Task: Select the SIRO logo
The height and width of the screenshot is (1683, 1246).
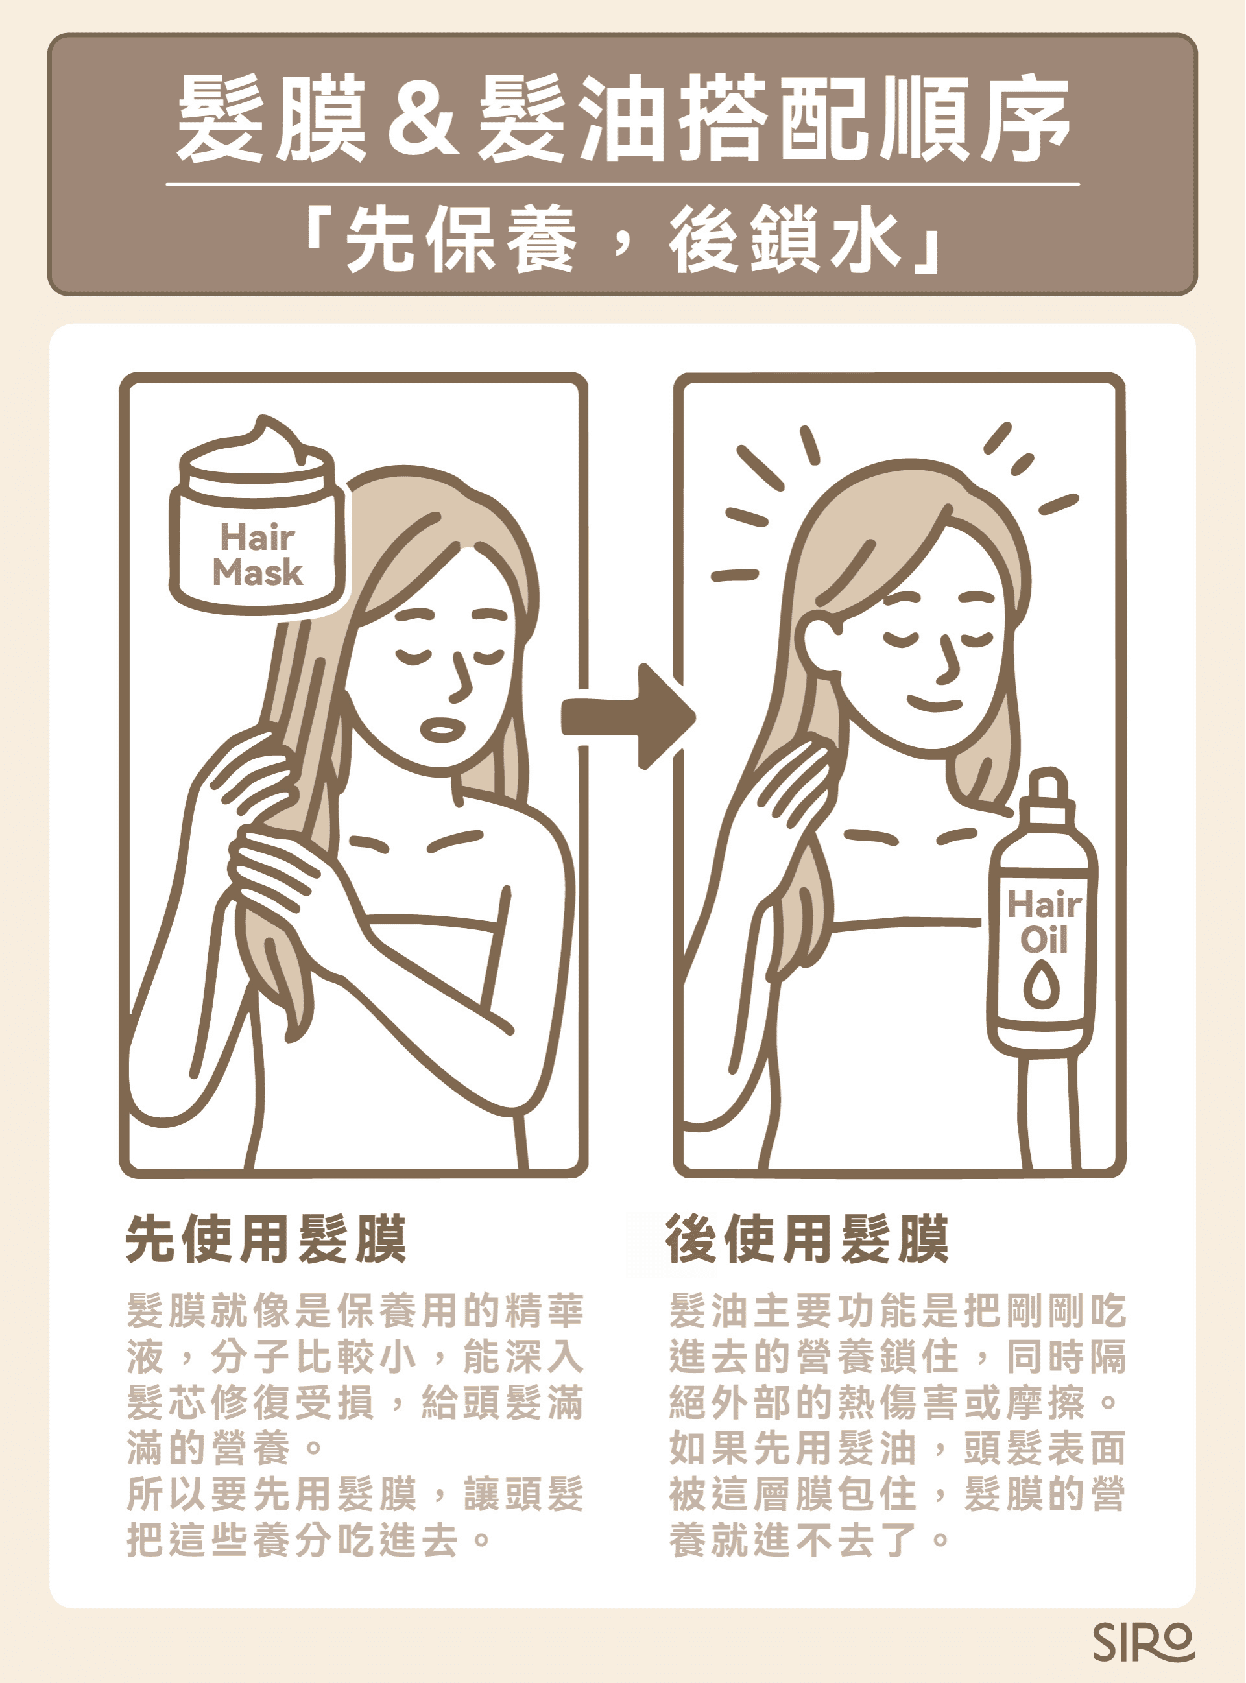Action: tap(1142, 1641)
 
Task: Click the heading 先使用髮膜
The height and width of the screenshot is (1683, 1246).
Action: tap(265, 1238)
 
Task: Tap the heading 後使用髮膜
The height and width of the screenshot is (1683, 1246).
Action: tap(806, 1238)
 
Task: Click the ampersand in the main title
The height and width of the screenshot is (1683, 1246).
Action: tap(421, 119)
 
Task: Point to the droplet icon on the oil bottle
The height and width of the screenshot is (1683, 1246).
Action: tap(1041, 986)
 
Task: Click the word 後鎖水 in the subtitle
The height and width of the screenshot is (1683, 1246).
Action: tap(784, 240)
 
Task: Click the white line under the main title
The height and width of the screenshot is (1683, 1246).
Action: tap(622, 184)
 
